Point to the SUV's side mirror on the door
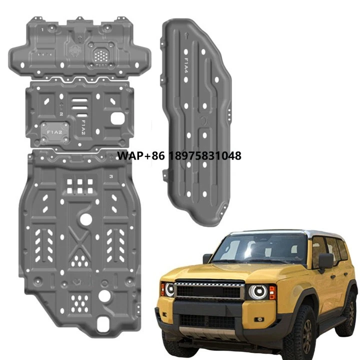point(325,260)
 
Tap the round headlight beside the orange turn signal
point(258,291)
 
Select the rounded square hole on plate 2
point(118,118)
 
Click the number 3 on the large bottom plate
point(110,177)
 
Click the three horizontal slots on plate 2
point(79,106)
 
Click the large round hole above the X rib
point(85,218)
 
